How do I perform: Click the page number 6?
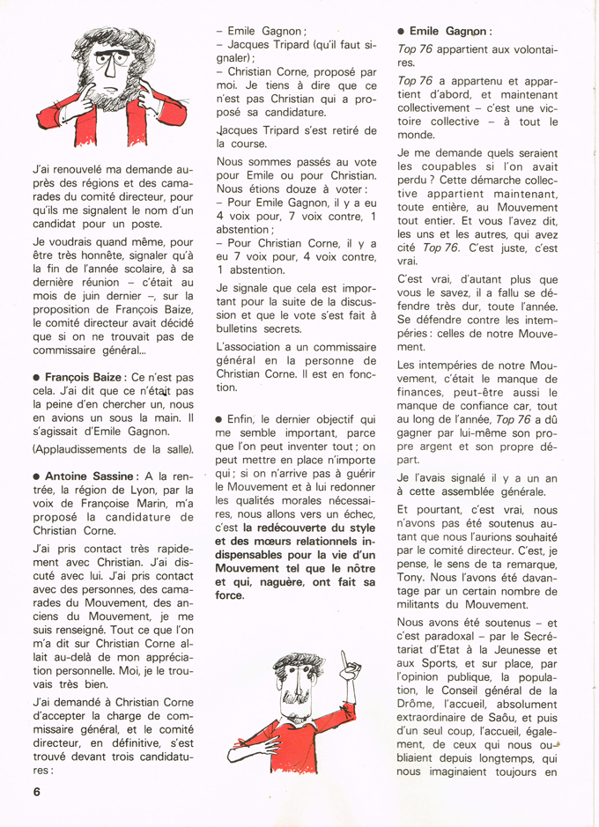37,790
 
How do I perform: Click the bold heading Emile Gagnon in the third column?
450,31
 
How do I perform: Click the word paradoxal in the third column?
448,639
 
